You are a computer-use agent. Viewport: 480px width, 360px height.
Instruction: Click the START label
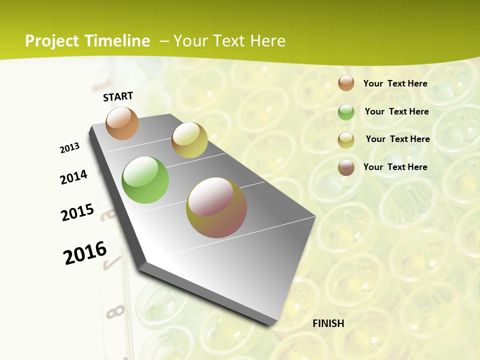pos(118,96)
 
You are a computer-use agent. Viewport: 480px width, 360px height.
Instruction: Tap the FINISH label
pos(328,323)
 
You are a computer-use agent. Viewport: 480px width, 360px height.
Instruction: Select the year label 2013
pos(69,148)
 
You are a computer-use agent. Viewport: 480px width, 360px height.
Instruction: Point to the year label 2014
pos(73,177)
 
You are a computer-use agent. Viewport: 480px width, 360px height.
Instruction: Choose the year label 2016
pos(85,253)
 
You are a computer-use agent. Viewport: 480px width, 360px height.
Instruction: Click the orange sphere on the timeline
pos(122,123)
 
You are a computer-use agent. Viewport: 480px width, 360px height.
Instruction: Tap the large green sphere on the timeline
pos(145,180)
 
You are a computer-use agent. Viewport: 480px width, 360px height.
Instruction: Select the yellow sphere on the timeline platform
pos(189,140)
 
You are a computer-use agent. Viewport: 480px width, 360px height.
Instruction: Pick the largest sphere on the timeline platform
pos(216,207)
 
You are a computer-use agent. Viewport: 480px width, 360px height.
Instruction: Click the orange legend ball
pos(346,83)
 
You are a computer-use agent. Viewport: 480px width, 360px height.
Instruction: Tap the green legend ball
pos(346,112)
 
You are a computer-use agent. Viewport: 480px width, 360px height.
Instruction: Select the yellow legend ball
pos(346,140)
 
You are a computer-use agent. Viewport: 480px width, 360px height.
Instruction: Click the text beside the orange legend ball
pos(395,83)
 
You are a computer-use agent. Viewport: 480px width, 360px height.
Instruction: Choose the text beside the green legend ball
pos(396,111)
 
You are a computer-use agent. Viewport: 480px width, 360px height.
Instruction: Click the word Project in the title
pos(52,41)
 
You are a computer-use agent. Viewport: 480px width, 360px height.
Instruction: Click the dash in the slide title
pos(164,41)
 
